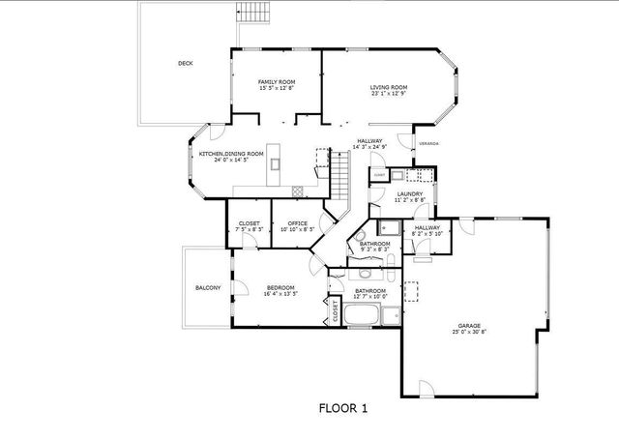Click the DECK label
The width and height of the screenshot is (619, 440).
pyautogui.click(x=185, y=64)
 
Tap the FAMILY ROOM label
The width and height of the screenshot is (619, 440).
pyautogui.click(x=277, y=81)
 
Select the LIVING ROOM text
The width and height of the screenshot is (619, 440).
pyautogui.click(x=388, y=88)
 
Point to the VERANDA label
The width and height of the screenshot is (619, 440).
pyautogui.click(x=428, y=144)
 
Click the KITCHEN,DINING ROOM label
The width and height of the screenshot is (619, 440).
pyautogui.click(x=231, y=154)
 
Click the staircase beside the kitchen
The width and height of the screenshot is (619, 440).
pyautogui.click(x=339, y=175)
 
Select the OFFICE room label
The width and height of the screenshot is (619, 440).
pyautogui.click(x=298, y=224)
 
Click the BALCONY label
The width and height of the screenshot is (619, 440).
pyautogui.click(x=208, y=288)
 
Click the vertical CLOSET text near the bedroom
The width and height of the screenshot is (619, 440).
pyautogui.click(x=336, y=311)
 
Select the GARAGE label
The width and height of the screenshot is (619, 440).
pyautogui.click(x=470, y=326)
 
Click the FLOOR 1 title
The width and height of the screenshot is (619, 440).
pyautogui.click(x=343, y=408)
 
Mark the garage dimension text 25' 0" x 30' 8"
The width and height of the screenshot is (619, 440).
pyautogui.click(x=470, y=332)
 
